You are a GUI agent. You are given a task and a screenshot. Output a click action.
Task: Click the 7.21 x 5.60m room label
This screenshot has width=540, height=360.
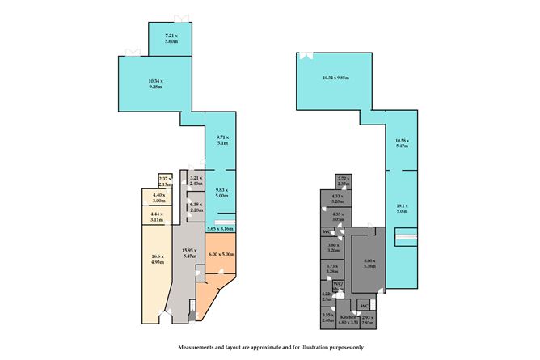point(171,40)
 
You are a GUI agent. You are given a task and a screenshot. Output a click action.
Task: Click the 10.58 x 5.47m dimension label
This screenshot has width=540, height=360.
point(402,144)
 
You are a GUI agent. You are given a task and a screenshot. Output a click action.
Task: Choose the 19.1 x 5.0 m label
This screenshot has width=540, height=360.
point(402,208)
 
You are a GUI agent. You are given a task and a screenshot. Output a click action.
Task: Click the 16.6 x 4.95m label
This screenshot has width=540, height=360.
point(157,260)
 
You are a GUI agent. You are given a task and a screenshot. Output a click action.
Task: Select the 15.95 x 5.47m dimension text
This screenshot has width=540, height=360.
point(188,256)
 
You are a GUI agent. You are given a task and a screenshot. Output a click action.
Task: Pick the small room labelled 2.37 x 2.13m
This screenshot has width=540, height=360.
point(164,180)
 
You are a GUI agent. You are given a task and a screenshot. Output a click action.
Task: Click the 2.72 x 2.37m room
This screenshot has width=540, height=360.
point(343,180)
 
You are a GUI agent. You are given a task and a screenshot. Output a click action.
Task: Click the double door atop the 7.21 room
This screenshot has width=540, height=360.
point(179,18)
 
